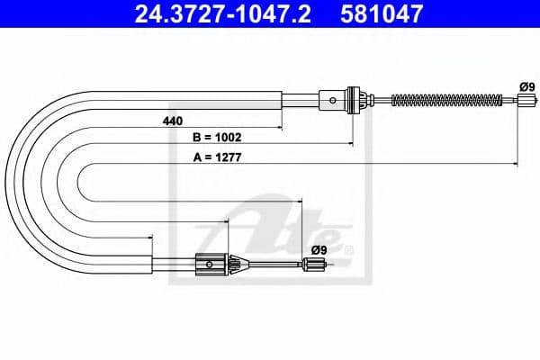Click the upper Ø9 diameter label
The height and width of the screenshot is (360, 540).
526,85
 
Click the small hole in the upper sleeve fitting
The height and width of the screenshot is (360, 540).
335,99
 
